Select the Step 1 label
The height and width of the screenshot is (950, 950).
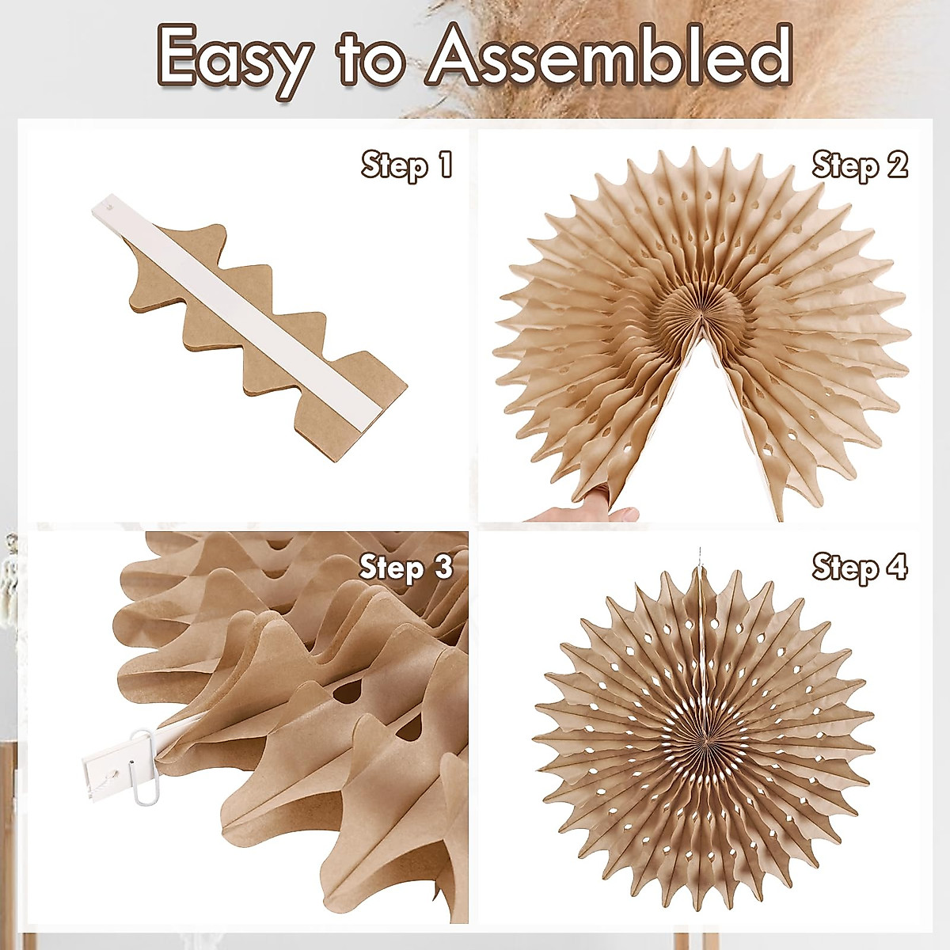tap(407, 166)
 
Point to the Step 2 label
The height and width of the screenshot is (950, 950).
tap(860, 166)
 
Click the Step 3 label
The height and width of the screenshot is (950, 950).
tap(407, 568)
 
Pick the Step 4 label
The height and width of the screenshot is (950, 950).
tap(860, 568)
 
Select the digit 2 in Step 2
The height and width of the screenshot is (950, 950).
tap(896, 166)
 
